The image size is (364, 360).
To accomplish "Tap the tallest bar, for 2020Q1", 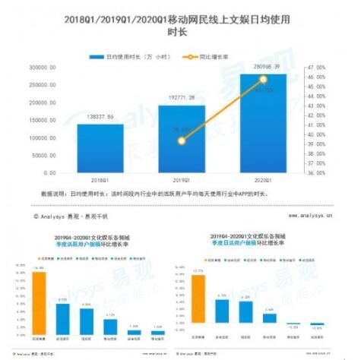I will pyautogui.click(x=263, y=122).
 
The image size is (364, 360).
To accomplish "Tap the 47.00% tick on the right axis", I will pyautogui.click(x=317, y=68).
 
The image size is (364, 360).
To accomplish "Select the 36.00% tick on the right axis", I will pyautogui.click(x=317, y=172).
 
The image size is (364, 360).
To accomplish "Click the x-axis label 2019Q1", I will pyautogui.click(x=182, y=181).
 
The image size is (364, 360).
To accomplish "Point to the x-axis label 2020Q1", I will pyautogui.click(x=263, y=181).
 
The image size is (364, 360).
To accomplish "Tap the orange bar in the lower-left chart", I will pyautogui.click(x=40, y=302).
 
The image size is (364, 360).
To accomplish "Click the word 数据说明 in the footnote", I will pyautogui.click(x=51, y=194).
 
